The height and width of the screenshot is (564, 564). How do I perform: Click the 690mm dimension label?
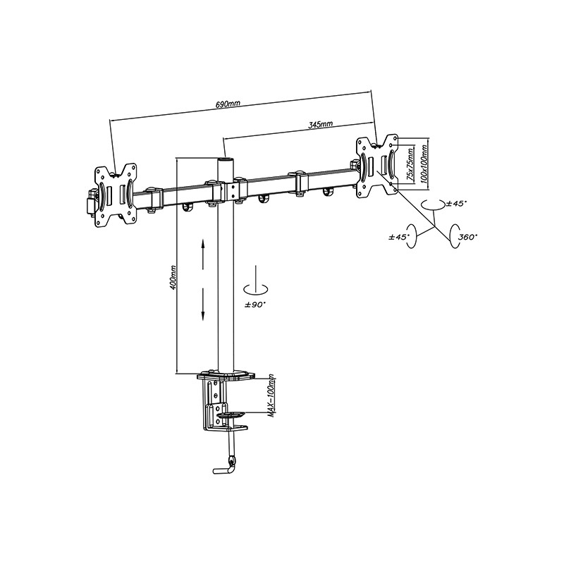(x=228, y=104)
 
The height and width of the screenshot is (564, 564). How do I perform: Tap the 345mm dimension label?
(x=321, y=125)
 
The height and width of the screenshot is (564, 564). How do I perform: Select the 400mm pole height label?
(x=173, y=278)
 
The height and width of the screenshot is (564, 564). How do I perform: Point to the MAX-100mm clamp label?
(x=272, y=396)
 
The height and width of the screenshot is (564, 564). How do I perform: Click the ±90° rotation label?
(x=255, y=305)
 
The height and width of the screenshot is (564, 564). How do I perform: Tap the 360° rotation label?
(x=467, y=238)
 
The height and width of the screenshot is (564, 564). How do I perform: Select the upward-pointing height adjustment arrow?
(x=203, y=255)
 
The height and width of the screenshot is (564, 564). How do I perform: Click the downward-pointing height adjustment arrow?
(x=203, y=304)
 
